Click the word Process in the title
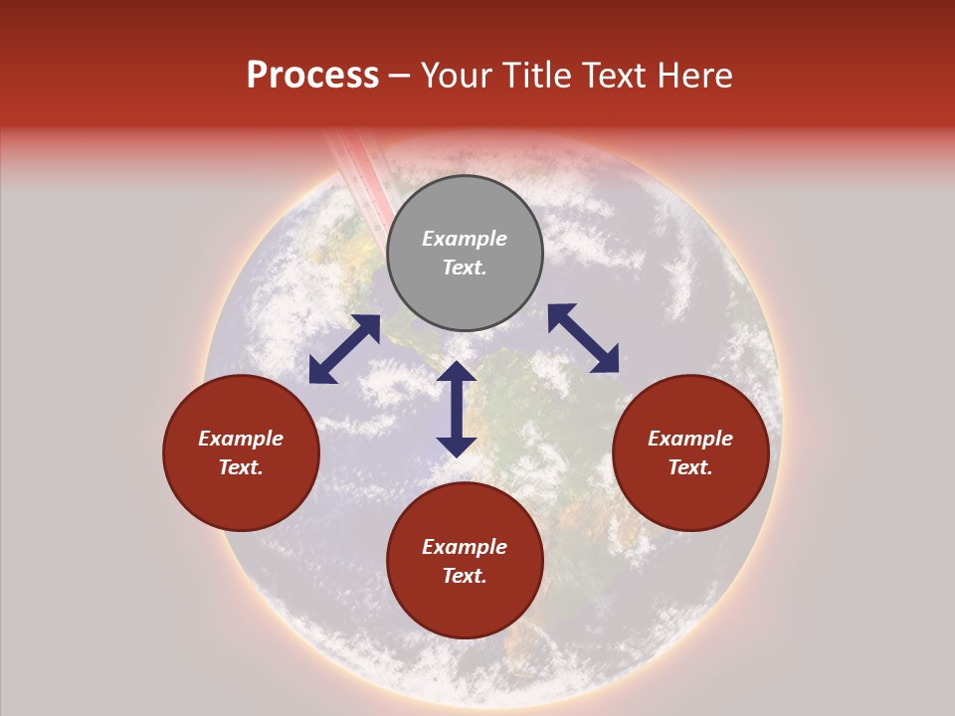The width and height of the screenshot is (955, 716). click(x=312, y=76)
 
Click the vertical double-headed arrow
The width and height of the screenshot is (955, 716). click(x=457, y=410)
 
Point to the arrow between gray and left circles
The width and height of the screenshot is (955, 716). click(x=344, y=349)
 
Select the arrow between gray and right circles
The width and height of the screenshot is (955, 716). click(x=583, y=338)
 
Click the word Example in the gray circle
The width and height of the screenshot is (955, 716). click(x=465, y=239)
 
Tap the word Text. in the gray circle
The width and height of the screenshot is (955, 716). click(x=465, y=268)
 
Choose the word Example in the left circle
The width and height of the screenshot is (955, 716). click(x=241, y=439)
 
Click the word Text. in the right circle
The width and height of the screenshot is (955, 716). click(x=690, y=467)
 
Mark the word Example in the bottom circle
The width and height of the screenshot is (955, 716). click(x=465, y=547)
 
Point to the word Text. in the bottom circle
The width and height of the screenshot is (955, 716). click(x=465, y=576)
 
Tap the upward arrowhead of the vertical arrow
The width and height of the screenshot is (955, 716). click(x=457, y=372)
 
